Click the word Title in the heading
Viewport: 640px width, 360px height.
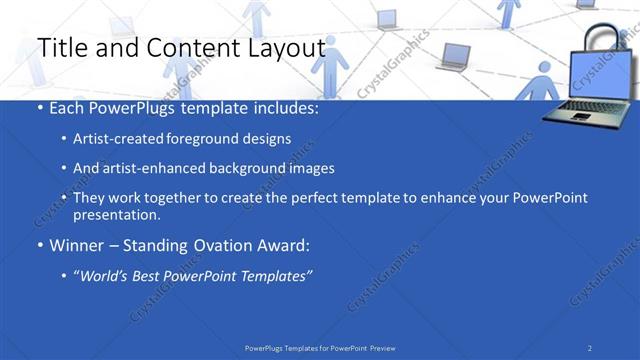(x=59, y=48)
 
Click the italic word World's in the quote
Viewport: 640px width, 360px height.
(x=106, y=275)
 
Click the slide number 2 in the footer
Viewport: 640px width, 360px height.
(x=590, y=347)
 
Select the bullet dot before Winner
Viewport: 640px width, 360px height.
(x=39, y=245)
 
